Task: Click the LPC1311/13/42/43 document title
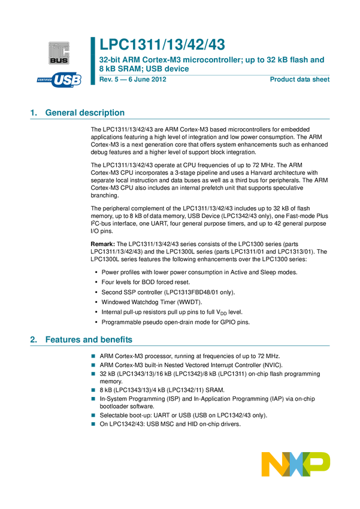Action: click(x=162, y=44)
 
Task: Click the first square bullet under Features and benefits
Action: click(x=93, y=356)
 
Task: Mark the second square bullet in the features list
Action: click(x=93, y=365)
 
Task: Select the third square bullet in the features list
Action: click(x=93, y=373)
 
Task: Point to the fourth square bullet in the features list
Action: click(x=93, y=390)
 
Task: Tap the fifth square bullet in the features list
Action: click(x=93, y=398)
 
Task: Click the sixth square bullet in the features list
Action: click(x=93, y=415)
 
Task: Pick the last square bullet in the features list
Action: click(x=93, y=423)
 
